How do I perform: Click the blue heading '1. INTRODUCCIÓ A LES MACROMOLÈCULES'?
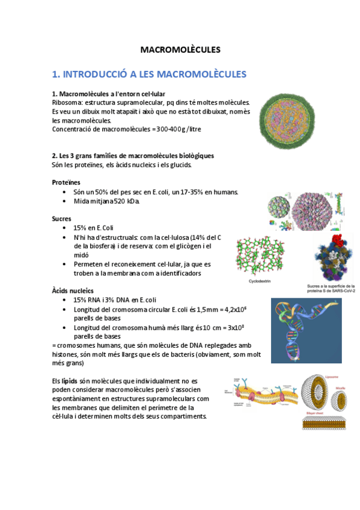pos(149,75)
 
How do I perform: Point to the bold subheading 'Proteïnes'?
pos(66,182)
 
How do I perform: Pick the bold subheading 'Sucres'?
pos(61,219)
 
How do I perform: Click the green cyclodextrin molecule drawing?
pos(261,256)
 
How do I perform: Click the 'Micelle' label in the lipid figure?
pos(344,389)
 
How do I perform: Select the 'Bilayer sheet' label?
pos(312,415)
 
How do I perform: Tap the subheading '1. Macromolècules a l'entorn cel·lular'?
pos(109,94)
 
